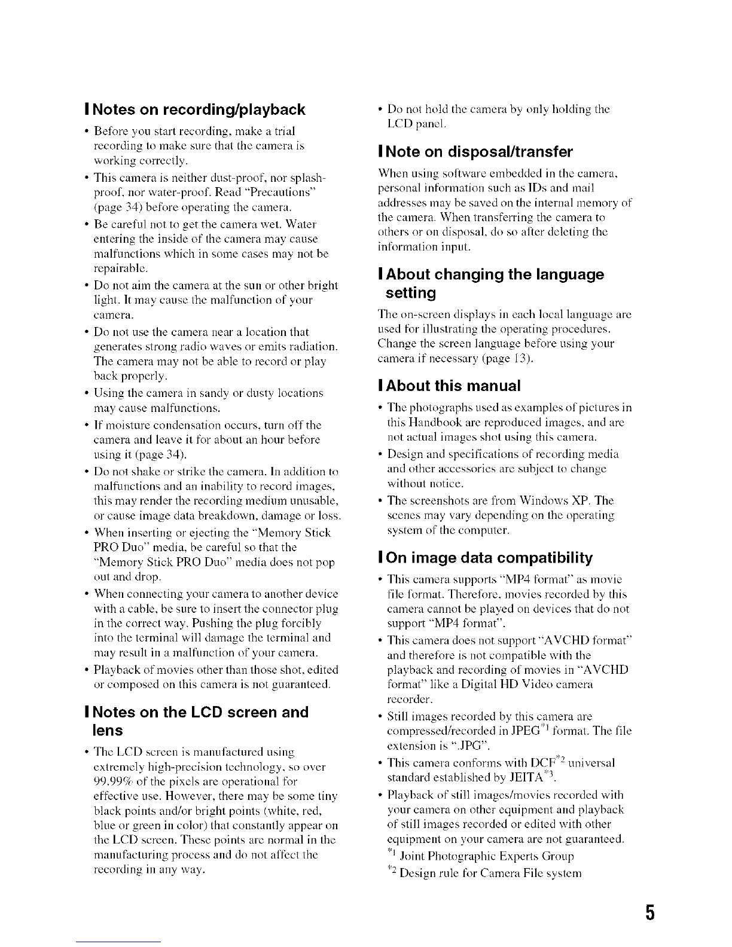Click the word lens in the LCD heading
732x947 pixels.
click(x=107, y=731)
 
